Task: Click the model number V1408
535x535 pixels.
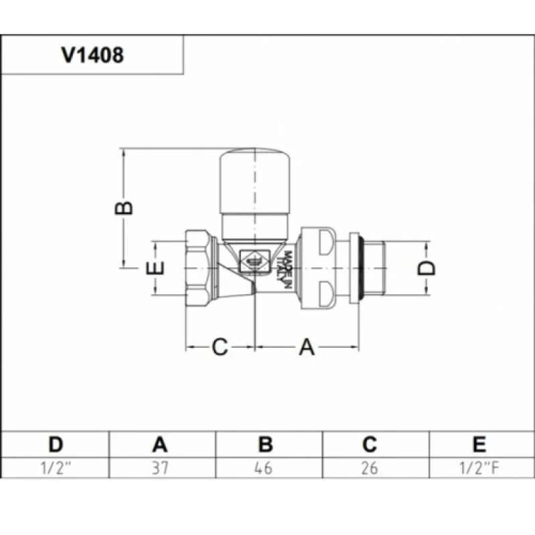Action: [92, 56]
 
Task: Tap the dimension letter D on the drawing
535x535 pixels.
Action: [426, 267]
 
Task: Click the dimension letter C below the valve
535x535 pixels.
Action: [221, 348]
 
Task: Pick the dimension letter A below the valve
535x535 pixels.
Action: [306, 348]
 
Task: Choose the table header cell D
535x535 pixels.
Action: [56, 444]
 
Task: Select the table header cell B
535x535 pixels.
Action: [265, 444]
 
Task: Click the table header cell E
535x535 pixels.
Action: [479, 444]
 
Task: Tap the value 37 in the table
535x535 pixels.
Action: [160, 467]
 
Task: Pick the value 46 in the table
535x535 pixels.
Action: [265, 467]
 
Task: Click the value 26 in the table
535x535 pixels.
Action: [370, 467]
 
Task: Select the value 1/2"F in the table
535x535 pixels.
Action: [479, 467]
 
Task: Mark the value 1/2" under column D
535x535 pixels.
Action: [56, 467]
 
